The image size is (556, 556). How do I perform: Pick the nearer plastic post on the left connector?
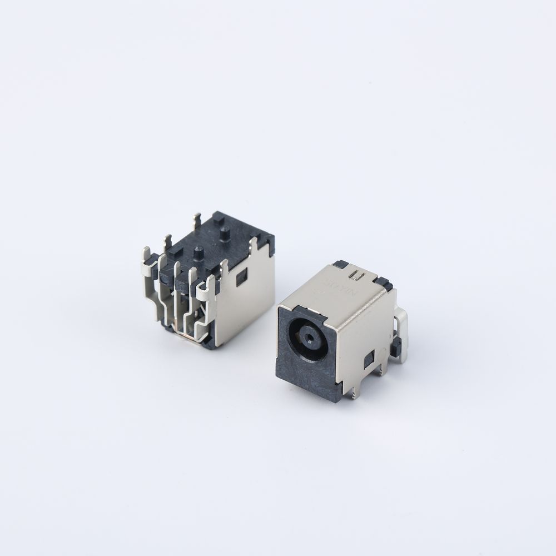198,253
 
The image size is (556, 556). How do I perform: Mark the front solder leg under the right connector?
354,393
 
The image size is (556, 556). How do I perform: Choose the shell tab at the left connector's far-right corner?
255,245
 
